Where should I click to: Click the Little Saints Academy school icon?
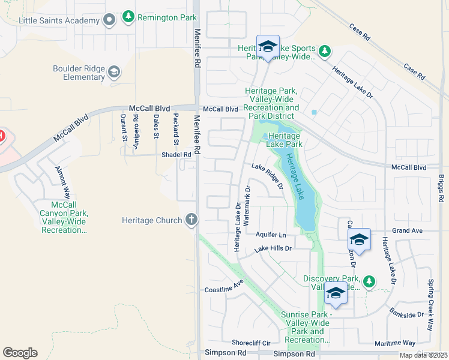click(x=109, y=21)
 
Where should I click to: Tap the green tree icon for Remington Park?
click(x=128, y=17)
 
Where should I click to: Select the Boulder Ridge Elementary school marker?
click(x=114, y=73)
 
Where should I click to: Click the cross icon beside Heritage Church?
click(x=191, y=220)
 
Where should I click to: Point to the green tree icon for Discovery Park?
click(x=369, y=281)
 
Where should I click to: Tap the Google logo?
click(x=20, y=352)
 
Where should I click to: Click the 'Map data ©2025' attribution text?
click(x=423, y=355)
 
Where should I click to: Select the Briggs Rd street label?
click(x=441, y=189)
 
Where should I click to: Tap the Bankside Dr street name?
click(x=406, y=314)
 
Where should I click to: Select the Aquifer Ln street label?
click(x=271, y=234)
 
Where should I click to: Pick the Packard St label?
click(x=176, y=129)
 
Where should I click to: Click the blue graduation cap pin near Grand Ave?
click(x=359, y=240)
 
